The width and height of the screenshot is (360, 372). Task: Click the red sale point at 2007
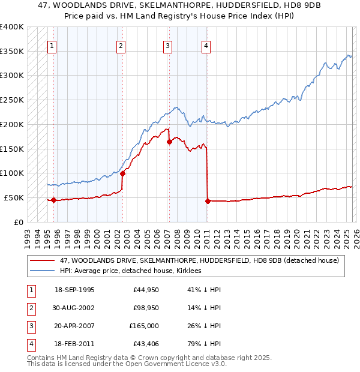169,142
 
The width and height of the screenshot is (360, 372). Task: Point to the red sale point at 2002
122,174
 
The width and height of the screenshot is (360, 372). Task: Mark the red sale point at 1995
54,200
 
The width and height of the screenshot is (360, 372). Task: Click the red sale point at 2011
208,201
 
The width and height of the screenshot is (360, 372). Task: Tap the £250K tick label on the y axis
12,100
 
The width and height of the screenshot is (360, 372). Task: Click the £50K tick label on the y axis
14,197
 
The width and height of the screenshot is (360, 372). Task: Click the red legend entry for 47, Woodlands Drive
199,260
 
